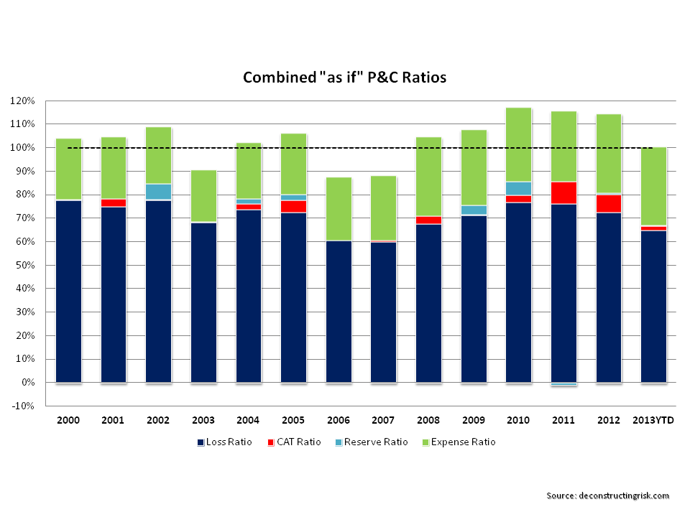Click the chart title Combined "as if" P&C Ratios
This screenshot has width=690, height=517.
pos(344,78)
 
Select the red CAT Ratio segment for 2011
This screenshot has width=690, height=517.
pos(563,193)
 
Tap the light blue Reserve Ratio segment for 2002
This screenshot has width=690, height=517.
pos(158,192)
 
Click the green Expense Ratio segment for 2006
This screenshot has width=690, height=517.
pos(339,209)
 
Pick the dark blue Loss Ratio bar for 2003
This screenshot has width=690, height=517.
pos(203,302)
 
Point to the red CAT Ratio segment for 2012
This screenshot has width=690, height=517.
pos(609,204)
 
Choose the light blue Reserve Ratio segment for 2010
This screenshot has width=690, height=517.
pos(518,188)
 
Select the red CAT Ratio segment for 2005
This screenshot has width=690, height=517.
pos(293,206)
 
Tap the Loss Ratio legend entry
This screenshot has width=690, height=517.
pos(224,442)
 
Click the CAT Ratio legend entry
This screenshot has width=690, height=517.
pos(295,442)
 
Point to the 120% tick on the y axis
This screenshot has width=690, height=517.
pos(24,101)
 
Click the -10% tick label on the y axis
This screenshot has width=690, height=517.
pos(24,406)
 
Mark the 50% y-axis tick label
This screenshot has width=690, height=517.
pos(26,265)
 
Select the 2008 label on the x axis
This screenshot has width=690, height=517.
pos(428,420)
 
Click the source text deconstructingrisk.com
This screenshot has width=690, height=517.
pos(607,495)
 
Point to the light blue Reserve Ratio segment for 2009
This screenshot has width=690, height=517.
pos(474,210)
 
